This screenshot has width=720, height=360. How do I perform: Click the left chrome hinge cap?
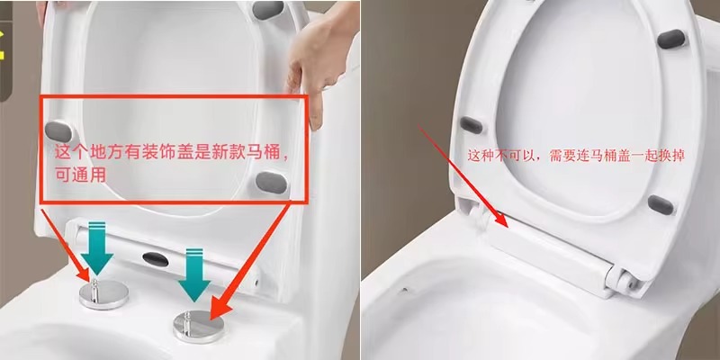point(103,294)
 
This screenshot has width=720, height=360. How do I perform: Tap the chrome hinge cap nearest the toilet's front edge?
point(198,327)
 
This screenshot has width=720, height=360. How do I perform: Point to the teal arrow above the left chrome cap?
point(97,248)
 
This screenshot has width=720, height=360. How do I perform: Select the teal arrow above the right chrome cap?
point(194,275)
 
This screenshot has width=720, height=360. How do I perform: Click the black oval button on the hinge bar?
point(155,259)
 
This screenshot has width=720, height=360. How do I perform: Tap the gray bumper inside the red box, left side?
point(58,131)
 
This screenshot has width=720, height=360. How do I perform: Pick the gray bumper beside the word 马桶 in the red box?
point(272,183)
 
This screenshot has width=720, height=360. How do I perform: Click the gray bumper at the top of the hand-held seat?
point(267,10)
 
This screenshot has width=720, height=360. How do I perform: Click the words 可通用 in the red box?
point(80,175)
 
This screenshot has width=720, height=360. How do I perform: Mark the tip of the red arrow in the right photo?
point(508,228)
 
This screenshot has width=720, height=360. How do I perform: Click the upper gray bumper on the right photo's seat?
point(670,39)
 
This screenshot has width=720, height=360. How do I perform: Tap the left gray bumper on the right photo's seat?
point(472,125)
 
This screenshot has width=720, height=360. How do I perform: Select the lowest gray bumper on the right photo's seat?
point(661,205)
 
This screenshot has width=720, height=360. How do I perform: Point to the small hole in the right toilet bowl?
point(404,290)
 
